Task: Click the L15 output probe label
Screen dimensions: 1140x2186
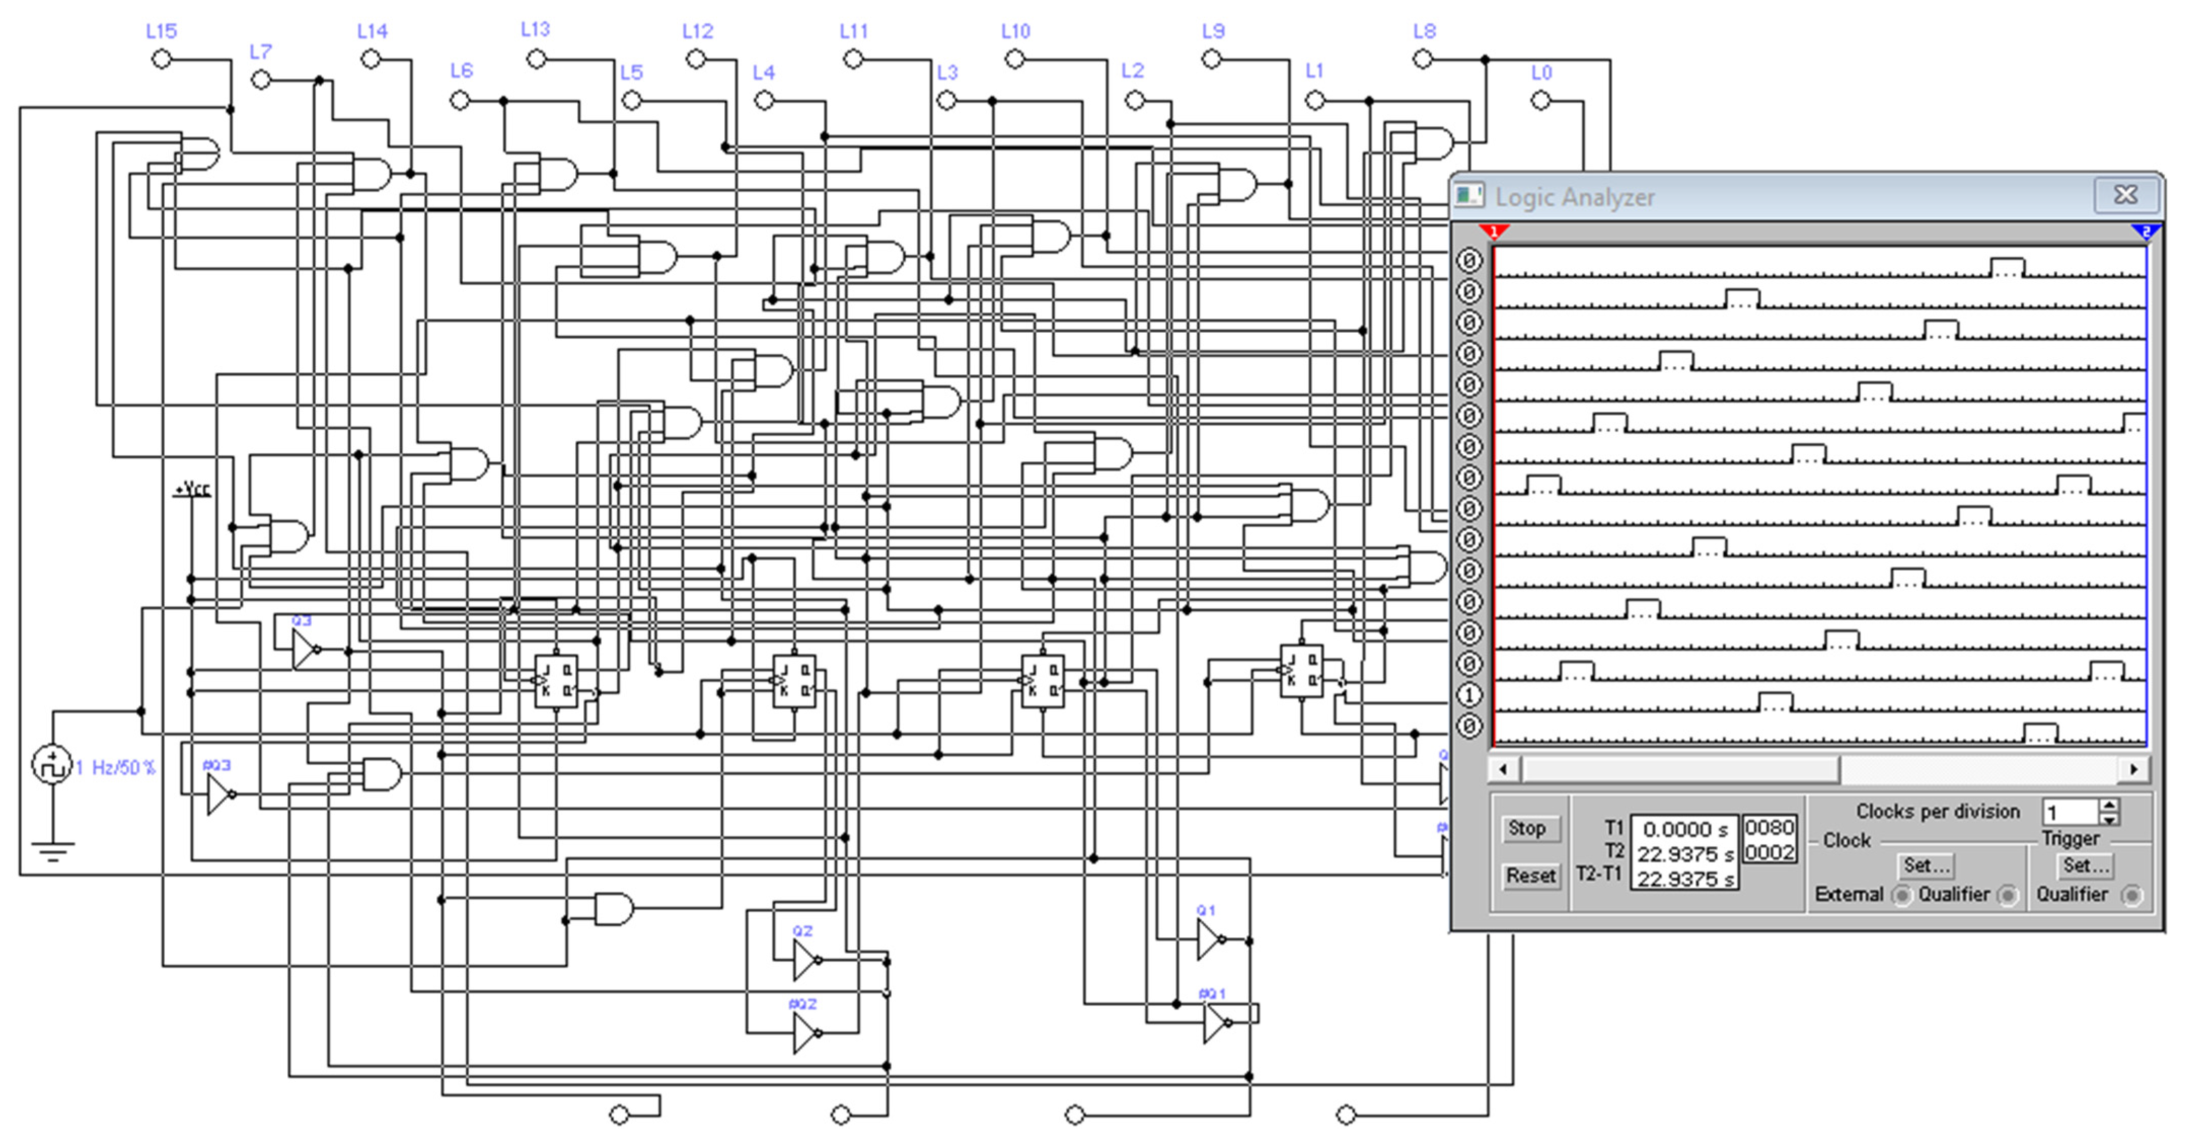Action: (161, 31)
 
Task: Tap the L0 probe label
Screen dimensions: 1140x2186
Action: (1541, 73)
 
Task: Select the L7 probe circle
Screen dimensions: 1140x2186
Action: (262, 81)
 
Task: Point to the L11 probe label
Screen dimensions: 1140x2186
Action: (854, 31)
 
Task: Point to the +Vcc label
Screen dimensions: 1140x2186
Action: (193, 489)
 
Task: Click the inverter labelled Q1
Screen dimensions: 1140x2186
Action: (1209, 940)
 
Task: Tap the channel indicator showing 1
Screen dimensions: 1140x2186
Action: (1469, 695)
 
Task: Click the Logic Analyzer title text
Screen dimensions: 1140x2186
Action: (1574, 198)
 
